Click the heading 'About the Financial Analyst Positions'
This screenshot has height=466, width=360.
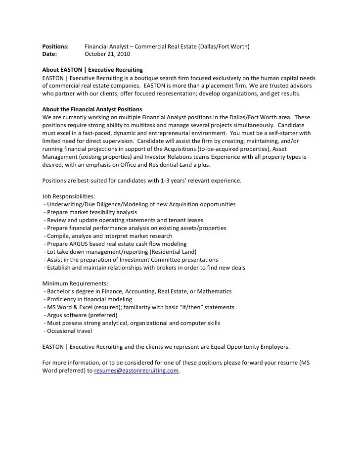92,109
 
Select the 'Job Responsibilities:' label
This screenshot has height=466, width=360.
65,196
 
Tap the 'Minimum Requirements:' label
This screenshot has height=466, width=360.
69,284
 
